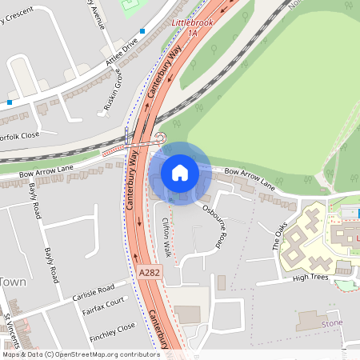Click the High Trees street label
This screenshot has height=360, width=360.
(x=310, y=277)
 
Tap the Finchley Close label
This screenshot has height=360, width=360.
(x=112, y=329)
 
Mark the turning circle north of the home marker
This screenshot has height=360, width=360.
(x=160, y=137)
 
